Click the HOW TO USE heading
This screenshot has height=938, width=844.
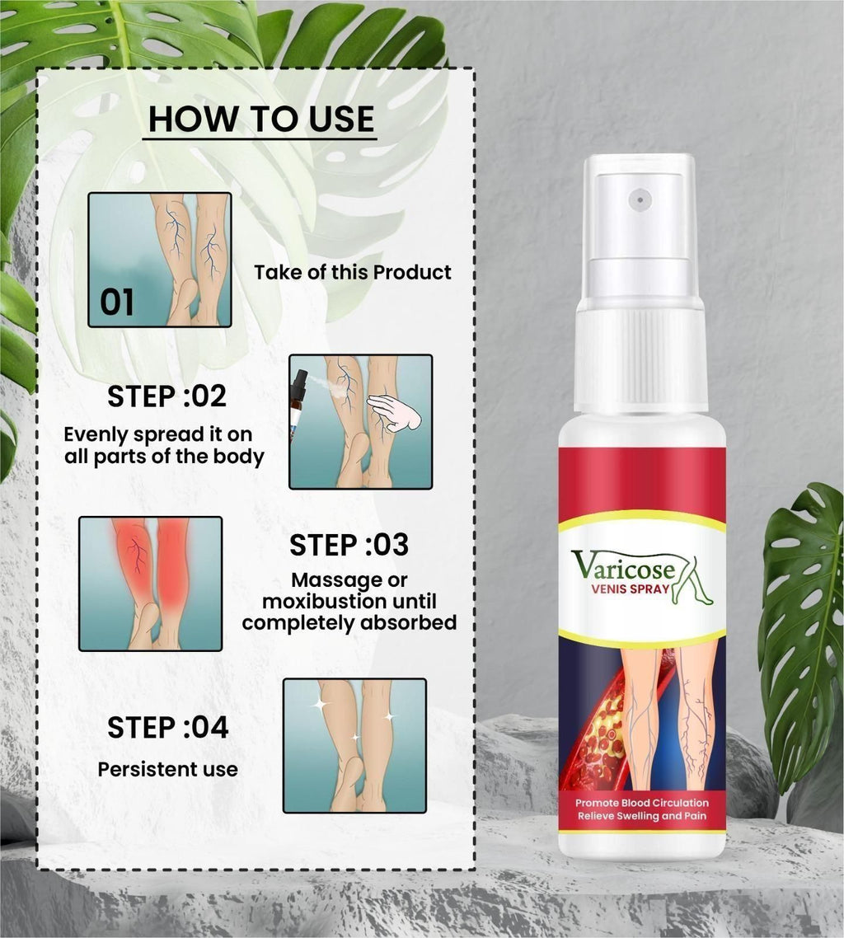261,120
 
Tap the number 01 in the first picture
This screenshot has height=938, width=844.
117,303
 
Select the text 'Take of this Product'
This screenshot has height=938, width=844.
353,272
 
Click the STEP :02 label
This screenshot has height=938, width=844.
166,396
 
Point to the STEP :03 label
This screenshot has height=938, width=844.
349,545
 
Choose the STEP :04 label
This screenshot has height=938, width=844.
167,728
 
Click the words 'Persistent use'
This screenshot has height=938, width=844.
167,769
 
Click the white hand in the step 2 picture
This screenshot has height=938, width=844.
394,411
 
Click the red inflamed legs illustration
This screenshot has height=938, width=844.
150,583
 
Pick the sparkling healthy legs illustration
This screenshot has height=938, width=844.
354,745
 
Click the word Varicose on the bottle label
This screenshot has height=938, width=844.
624,567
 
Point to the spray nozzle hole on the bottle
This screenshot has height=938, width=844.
639,199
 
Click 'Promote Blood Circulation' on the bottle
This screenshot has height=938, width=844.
641,802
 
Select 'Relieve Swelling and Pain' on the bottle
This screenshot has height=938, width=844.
641,816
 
